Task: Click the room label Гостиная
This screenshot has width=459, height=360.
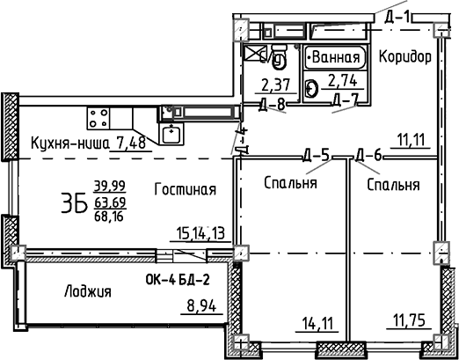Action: [x=185, y=189]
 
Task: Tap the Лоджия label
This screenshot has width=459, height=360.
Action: [x=87, y=291]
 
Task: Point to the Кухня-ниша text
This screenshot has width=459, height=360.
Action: [x=68, y=144]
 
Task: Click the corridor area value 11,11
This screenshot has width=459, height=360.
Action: [x=411, y=140]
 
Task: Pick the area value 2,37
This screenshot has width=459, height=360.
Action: [x=276, y=86]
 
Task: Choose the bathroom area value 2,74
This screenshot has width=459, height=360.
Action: [x=343, y=86]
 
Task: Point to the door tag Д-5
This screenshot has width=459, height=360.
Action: [x=316, y=156]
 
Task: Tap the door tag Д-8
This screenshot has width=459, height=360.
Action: [x=274, y=104]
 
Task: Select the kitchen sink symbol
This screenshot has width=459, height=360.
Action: [x=171, y=134]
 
